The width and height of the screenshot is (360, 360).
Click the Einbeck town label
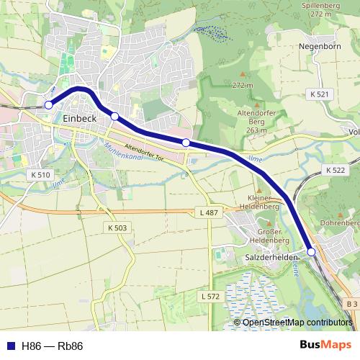coord(79,120)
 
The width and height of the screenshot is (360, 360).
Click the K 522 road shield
coord(336,170)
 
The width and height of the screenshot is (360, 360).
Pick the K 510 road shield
coord(41,175)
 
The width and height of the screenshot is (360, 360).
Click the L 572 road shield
coord(210,296)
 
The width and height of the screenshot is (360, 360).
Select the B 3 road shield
coord(351,305)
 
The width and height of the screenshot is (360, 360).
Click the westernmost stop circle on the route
coord(49,105)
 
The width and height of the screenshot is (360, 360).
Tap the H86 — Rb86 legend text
coord(53,346)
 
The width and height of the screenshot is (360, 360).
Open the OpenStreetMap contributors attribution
coord(297,322)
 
